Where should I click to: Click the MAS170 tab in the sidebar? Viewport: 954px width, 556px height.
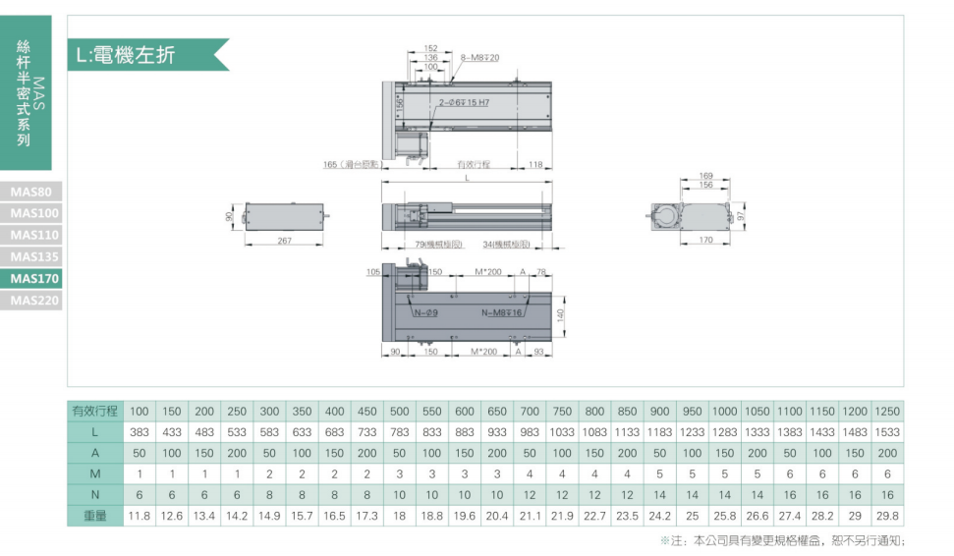point(33,278)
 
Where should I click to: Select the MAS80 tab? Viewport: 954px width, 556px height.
point(33,191)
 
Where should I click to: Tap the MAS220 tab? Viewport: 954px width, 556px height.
point(33,301)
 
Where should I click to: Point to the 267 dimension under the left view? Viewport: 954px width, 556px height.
point(284,241)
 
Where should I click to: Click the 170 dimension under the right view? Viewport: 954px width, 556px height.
point(704,241)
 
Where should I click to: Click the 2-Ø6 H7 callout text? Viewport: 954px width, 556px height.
point(464,102)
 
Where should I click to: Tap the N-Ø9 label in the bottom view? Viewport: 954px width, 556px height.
point(425,312)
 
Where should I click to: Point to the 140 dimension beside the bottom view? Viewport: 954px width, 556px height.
point(561,315)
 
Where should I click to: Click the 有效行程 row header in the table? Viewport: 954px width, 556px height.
point(94,411)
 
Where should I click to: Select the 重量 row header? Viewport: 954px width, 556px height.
point(94,516)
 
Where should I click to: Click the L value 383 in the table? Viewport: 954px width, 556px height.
point(140,432)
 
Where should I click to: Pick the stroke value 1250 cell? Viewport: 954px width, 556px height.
point(887,411)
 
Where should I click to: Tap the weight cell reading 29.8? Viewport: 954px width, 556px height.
point(887,516)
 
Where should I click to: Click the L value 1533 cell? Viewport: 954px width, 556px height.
point(887,432)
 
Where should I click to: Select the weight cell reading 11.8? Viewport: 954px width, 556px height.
point(140,516)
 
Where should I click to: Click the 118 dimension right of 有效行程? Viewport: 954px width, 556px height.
point(535,164)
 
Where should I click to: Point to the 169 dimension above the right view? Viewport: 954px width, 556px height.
point(705,176)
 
